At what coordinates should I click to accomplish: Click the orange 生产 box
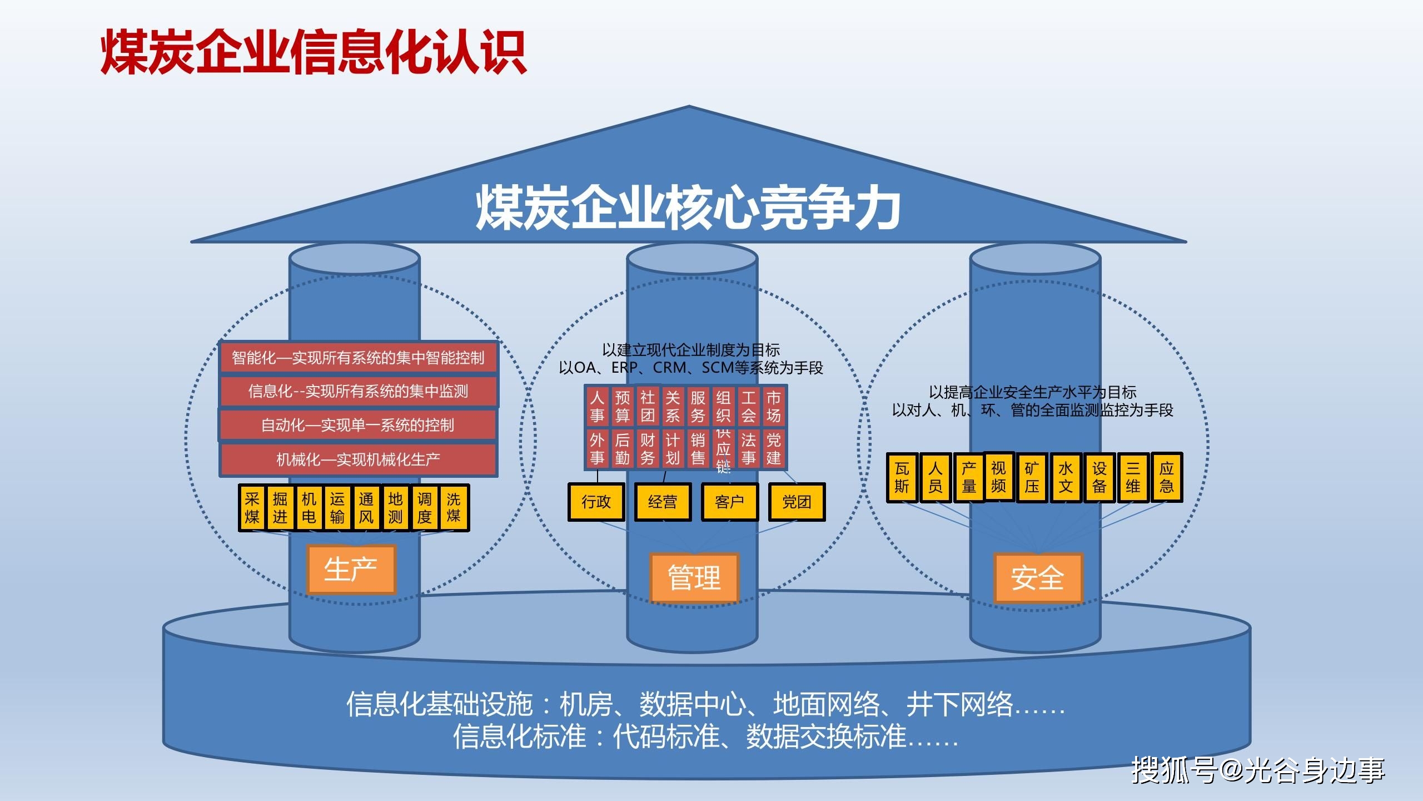point(351,569)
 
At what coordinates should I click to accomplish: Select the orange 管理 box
point(694,577)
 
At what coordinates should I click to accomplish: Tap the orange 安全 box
point(1037,577)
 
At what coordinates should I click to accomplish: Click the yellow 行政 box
point(596,502)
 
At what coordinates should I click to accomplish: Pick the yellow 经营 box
point(663,502)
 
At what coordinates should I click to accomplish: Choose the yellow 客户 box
point(729,502)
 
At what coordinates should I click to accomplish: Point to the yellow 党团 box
point(797,502)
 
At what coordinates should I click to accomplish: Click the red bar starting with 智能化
point(358,357)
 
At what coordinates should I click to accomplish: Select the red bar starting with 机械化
point(358,459)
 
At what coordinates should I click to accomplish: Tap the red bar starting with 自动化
point(358,426)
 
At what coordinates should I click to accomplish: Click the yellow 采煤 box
point(252,507)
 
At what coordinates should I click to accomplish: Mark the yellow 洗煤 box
point(454,507)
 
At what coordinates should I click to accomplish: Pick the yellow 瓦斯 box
point(902,478)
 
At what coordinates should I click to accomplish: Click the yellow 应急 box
point(1166,478)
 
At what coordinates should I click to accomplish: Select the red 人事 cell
point(597,406)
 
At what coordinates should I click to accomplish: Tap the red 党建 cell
point(773,449)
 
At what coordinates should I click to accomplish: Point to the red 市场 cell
point(773,406)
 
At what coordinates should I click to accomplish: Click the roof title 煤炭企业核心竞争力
point(688,207)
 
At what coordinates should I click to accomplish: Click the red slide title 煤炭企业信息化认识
point(313,52)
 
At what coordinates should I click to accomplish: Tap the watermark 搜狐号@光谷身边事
point(1258,770)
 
